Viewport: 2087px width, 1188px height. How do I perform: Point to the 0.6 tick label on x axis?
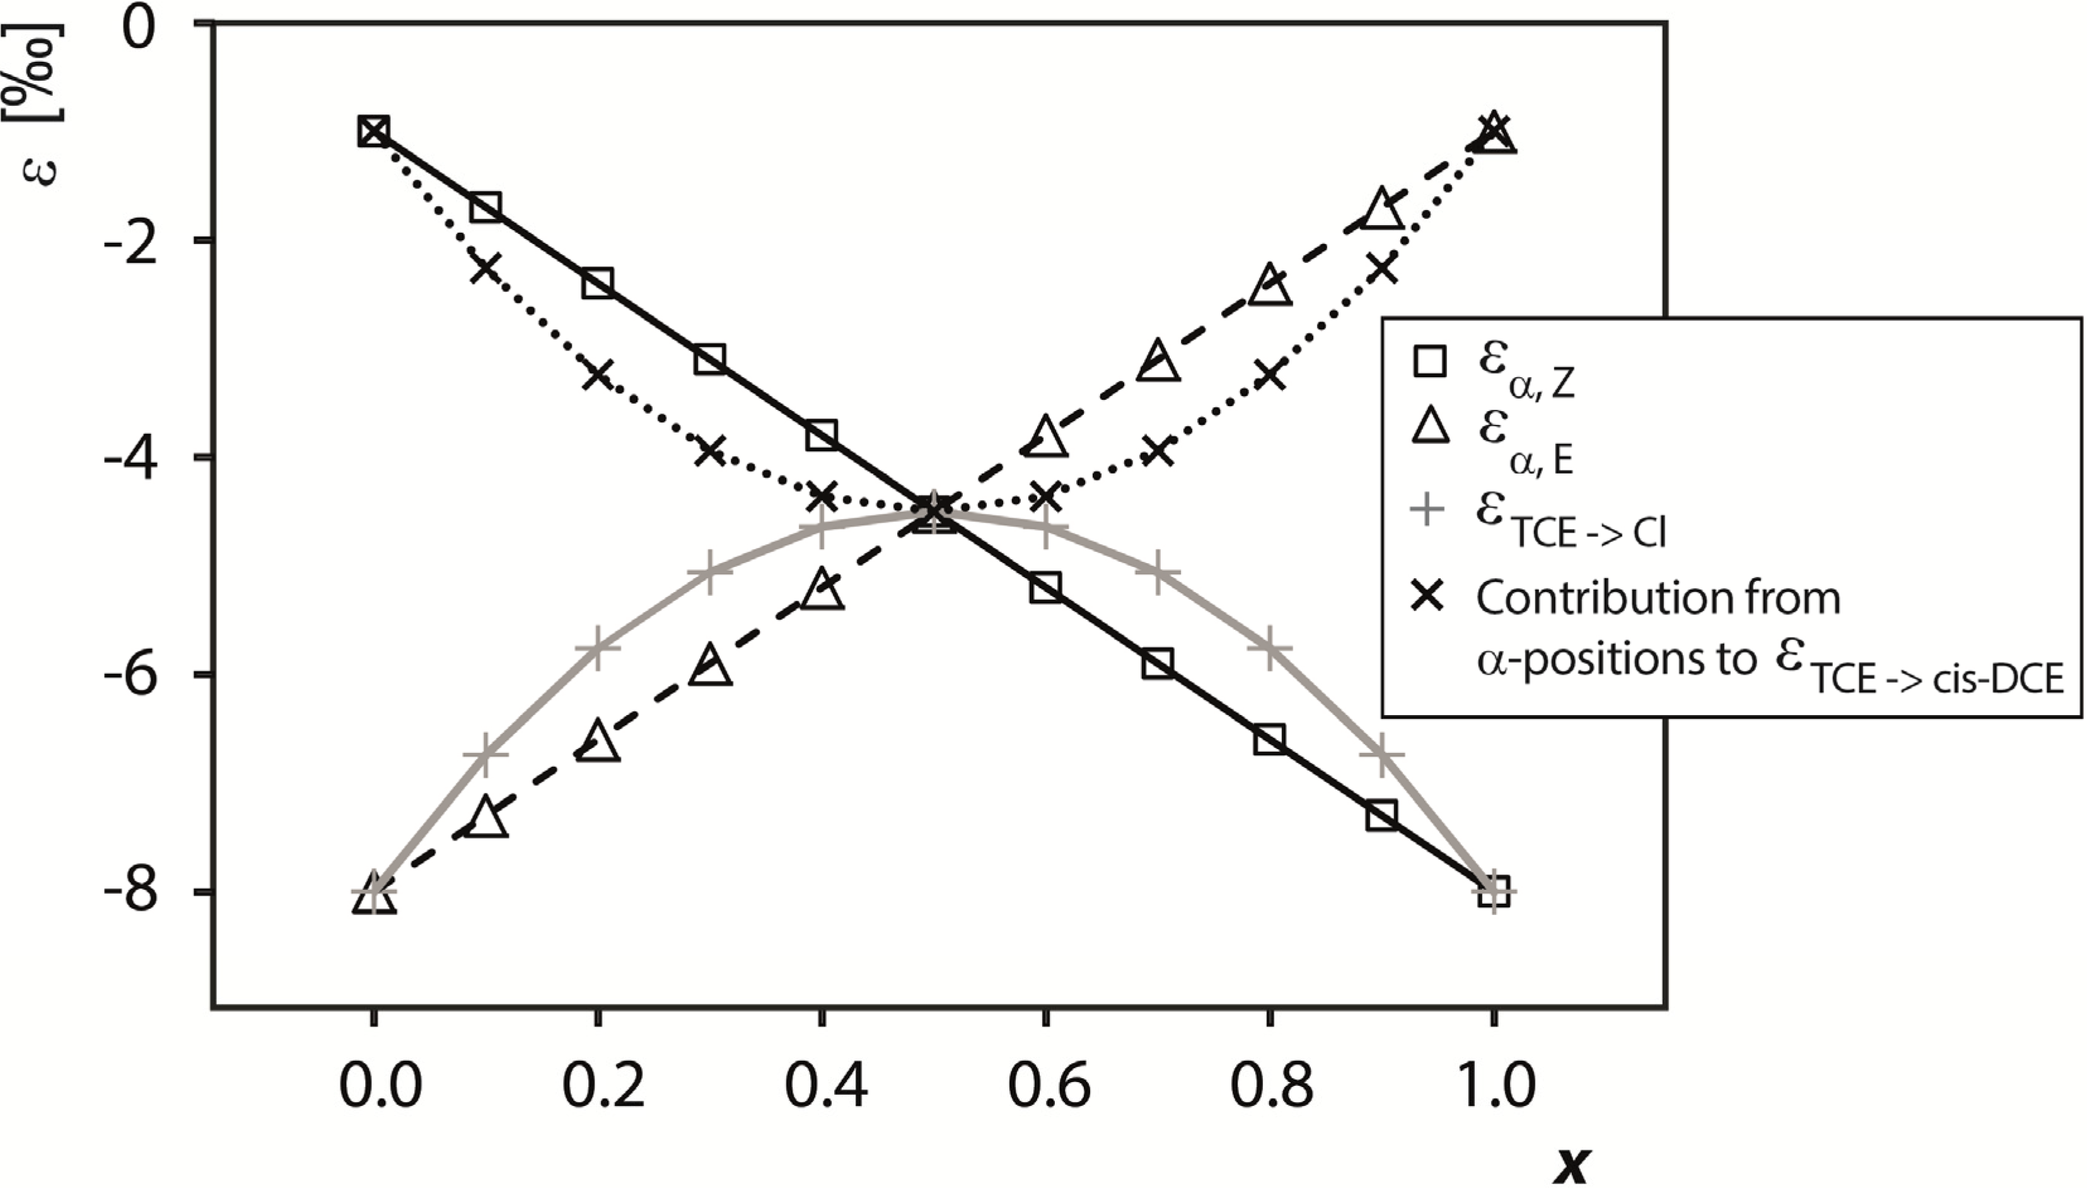pos(1049,1086)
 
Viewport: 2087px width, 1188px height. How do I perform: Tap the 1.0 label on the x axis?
pos(1496,1086)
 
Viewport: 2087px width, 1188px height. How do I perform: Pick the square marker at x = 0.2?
pos(597,283)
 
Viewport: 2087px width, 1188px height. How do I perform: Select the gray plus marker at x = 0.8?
pos(1269,647)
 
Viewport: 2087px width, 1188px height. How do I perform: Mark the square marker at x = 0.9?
pos(1381,815)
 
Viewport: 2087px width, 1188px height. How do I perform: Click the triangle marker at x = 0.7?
pos(1158,361)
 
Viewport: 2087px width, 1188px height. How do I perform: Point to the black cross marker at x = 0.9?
pos(1381,267)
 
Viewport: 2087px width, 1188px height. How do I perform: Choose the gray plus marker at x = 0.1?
pos(485,755)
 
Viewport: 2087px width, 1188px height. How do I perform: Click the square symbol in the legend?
pos(1429,361)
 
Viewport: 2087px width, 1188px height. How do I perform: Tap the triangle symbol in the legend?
pos(1429,428)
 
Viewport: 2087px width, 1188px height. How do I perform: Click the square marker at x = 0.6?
pos(1046,586)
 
